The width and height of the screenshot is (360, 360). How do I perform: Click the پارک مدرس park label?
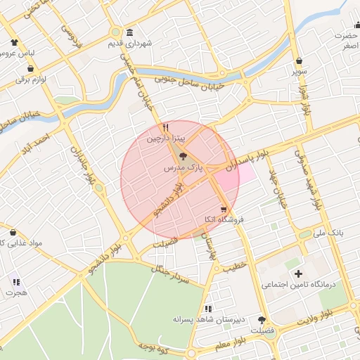(x=184, y=169)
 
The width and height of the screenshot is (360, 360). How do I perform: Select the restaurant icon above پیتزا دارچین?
(x=165, y=128)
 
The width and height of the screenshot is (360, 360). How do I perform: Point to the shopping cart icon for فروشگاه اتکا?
(x=224, y=209)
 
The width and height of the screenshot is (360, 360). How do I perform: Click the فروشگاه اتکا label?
(x=222, y=220)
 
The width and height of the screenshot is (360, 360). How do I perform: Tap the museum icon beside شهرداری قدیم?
(x=129, y=33)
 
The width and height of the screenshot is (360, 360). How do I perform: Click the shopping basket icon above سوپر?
(x=300, y=60)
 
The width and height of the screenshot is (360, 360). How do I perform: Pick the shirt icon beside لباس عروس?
(x=14, y=41)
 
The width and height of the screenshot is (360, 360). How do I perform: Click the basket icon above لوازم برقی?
(x=31, y=69)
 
